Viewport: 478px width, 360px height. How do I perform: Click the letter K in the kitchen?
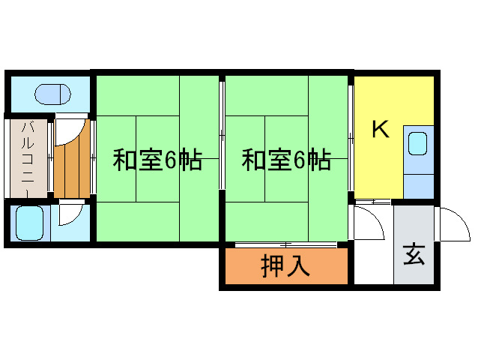click(381, 129)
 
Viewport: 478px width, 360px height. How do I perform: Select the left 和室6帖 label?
click(157, 160)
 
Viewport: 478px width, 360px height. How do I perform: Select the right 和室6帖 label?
click(286, 160)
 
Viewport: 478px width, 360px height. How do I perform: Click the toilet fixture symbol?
click(52, 94)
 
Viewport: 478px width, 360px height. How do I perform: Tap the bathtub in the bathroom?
click(29, 223)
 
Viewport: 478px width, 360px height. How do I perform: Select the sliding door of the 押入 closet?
click(286, 244)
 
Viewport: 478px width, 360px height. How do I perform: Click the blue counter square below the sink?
click(419, 187)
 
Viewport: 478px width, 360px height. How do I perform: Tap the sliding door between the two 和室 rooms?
click(223, 136)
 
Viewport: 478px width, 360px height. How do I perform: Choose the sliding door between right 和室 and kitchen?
click(351, 138)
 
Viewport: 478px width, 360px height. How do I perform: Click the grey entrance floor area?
click(414, 244)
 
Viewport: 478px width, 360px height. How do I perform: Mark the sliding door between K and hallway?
click(373, 202)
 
